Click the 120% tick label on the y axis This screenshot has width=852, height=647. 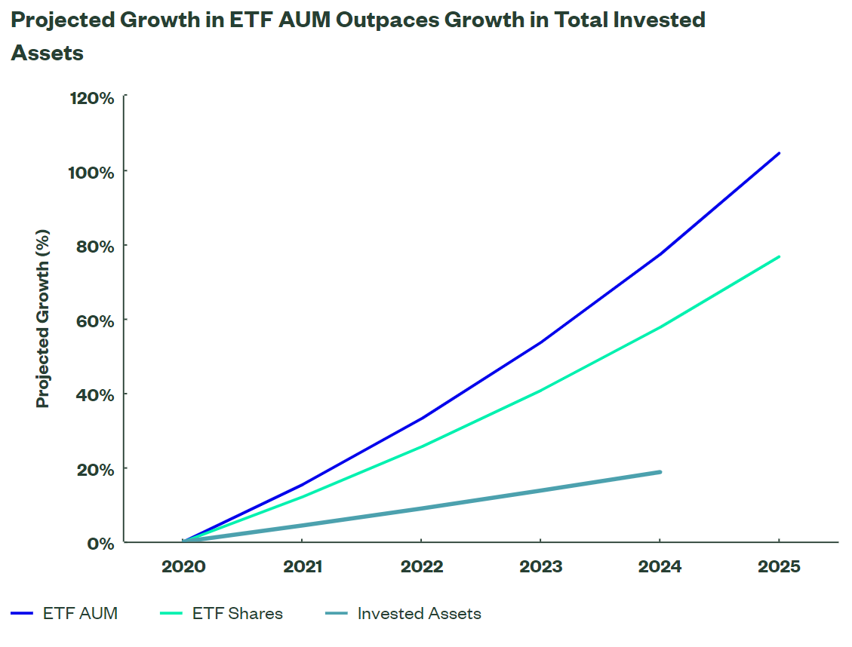93,98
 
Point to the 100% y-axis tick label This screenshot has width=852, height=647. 93,172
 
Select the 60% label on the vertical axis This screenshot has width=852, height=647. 96,320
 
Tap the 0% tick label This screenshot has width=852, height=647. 101,543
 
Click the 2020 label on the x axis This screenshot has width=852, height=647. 183,566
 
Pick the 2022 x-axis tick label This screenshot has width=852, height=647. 422,566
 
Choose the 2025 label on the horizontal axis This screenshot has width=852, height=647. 779,566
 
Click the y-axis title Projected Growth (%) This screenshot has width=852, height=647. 43,320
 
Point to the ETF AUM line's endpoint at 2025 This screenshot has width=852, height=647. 779,153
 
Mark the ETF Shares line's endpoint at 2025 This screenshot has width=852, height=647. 779,257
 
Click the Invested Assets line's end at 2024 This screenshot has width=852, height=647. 660,472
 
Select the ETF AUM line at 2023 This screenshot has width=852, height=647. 541,342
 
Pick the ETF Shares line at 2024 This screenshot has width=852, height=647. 660,327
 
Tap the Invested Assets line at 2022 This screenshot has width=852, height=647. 422,507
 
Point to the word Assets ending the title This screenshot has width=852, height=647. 47,53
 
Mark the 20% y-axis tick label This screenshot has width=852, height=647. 96,469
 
